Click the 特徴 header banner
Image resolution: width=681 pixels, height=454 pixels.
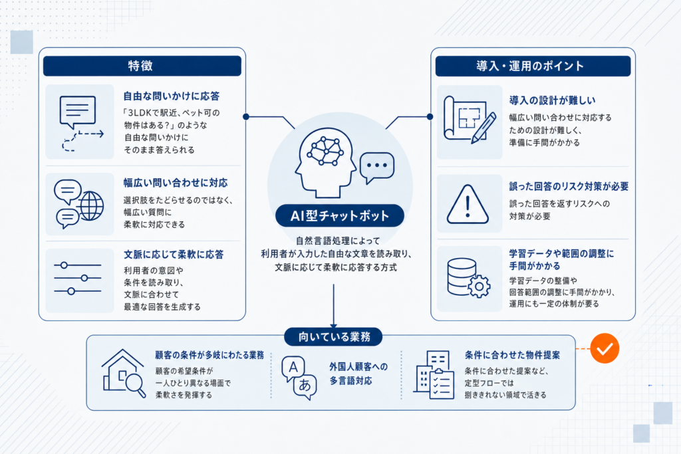pos(142,66)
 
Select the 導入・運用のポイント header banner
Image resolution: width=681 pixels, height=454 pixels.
pos(533,66)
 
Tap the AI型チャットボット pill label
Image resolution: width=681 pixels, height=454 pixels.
pos(340,216)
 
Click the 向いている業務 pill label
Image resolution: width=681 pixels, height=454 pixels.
pos(334,337)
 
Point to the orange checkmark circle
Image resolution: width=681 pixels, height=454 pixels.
pos(605,348)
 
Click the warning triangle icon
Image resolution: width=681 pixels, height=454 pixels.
pos(468,205)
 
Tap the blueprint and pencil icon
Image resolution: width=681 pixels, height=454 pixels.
pos(470,120)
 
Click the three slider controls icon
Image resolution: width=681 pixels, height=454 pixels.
pos(78,279)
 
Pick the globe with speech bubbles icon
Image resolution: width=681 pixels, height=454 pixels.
pos(78,204)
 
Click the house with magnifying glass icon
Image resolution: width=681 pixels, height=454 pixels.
pos(123,374)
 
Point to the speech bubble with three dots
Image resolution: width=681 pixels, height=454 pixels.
pos(377,168)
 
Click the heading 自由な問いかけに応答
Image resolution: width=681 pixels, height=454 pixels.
pos(172,96)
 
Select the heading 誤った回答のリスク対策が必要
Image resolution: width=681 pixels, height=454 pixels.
pos(569,187)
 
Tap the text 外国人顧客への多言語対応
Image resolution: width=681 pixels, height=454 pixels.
pos(358,374)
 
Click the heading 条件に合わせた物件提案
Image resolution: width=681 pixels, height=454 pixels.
pos(513,355)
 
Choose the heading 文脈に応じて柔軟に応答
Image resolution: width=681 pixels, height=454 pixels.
pos(174,255)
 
